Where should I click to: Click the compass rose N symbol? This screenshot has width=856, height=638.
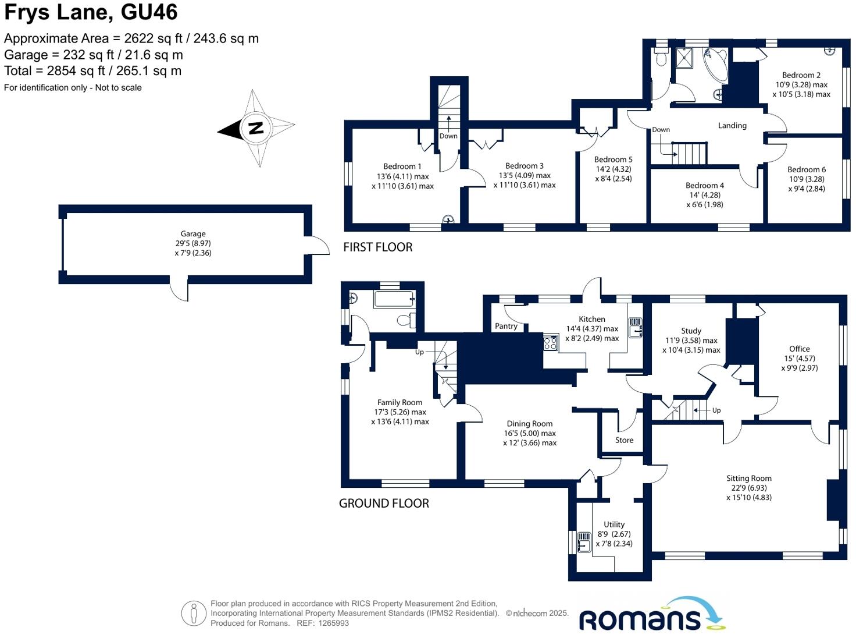point(256,128)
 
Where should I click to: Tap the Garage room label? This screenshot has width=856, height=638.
point(193,234)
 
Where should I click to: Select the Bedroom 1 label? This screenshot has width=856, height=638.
point(402,166)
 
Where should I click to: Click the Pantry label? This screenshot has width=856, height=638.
point(506,326)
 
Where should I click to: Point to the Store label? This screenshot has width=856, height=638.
point(624,440)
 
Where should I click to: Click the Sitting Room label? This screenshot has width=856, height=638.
point(748,478)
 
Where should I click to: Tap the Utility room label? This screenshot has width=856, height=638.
point(614,524)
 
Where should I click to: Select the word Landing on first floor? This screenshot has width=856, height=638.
point(732,125)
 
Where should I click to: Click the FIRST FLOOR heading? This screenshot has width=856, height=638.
point(378,247)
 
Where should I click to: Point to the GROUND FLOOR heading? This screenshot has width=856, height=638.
point(384,504)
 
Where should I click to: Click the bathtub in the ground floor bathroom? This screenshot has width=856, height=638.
point(394,299)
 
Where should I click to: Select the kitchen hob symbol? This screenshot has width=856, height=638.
point(550,343)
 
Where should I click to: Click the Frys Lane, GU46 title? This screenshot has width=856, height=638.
point(91,12)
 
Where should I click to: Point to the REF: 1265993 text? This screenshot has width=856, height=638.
point(323,623)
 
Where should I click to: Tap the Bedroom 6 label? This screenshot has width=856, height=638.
point(807,169)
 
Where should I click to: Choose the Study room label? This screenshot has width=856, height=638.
point(691,331)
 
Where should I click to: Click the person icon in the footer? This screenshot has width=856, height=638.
point(194,613)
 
